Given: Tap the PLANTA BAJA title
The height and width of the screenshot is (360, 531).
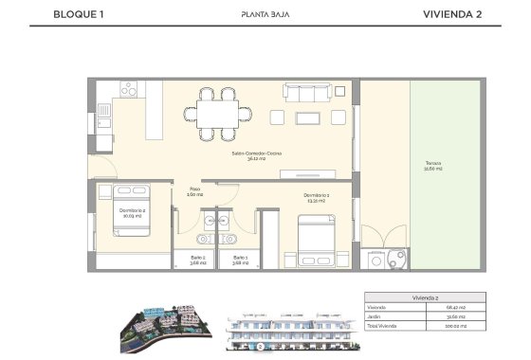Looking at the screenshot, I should [265, 14].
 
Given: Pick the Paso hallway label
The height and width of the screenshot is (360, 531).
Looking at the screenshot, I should [193, 190].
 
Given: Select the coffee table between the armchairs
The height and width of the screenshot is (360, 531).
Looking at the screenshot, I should [310, 117].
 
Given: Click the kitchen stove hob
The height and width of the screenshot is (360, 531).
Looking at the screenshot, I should [131, 90].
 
